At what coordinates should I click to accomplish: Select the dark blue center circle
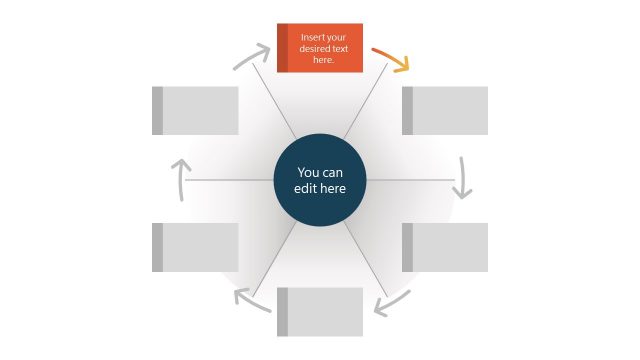coord(320,179)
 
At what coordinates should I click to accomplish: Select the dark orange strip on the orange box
coord(282,49)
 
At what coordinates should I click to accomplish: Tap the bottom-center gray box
coord(320,312)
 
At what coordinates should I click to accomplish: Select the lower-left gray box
coord(196,247)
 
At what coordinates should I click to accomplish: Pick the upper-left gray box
coord(196,110)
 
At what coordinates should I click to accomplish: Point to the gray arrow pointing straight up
coord(179,177)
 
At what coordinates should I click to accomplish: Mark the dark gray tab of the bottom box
coord(283,312)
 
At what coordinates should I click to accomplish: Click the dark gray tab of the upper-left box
coord(158,110)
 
